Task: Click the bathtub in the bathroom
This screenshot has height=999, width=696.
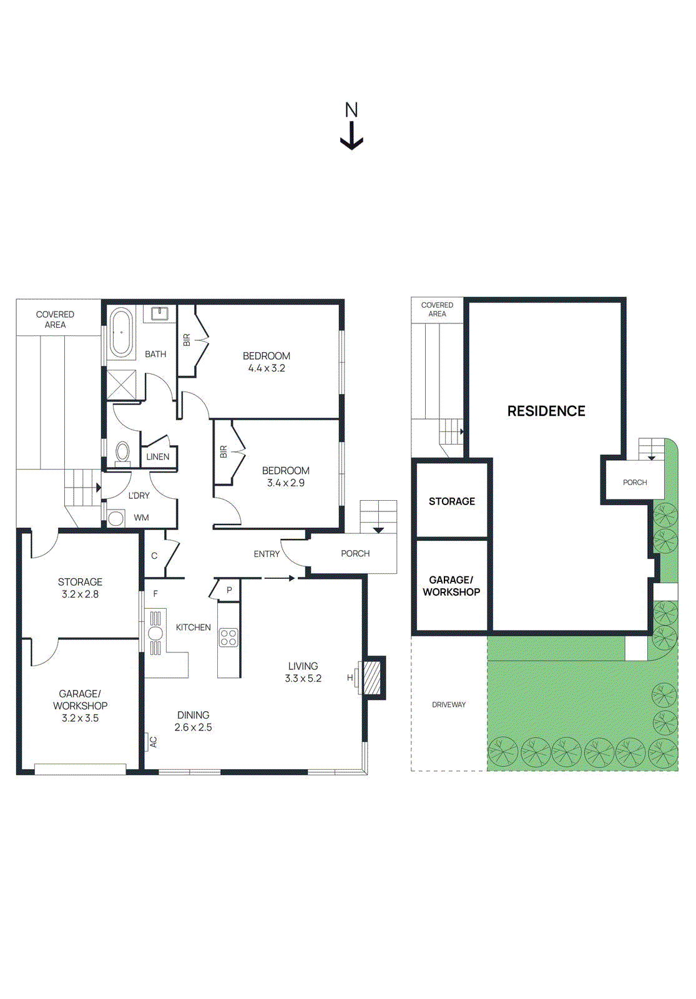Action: [x=121, y=332]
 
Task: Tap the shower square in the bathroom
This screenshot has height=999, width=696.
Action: [x=121, y=384]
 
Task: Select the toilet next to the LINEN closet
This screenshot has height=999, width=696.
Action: [x=123, y=452]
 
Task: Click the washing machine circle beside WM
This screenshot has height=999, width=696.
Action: [x=116, y=518]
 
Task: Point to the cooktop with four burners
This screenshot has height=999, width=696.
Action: [x=228, y=637]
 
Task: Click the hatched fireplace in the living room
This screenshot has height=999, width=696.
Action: [x=372, y=677]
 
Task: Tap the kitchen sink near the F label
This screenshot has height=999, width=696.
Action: [x=155, y=633]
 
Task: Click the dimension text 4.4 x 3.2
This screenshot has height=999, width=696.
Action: [x=267, y=368]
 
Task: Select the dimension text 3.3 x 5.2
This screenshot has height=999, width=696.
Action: [x=303, y=679]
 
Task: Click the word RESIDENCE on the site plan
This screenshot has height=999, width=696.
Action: [x=546, y=411]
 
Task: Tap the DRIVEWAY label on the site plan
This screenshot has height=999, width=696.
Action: [x=449, y=704]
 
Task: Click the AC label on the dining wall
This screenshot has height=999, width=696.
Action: [x=153, y=742]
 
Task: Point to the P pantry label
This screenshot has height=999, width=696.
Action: [x=229, y=590]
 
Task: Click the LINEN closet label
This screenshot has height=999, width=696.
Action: [x=158, y=456]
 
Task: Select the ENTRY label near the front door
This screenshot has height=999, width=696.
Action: [x=267, y=554]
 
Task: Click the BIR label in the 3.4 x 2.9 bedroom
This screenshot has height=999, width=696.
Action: [x=223, y=451]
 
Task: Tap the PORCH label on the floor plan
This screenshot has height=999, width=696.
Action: [x=355, y=553]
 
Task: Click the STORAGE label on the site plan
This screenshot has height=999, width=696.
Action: [x=451, y=501]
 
